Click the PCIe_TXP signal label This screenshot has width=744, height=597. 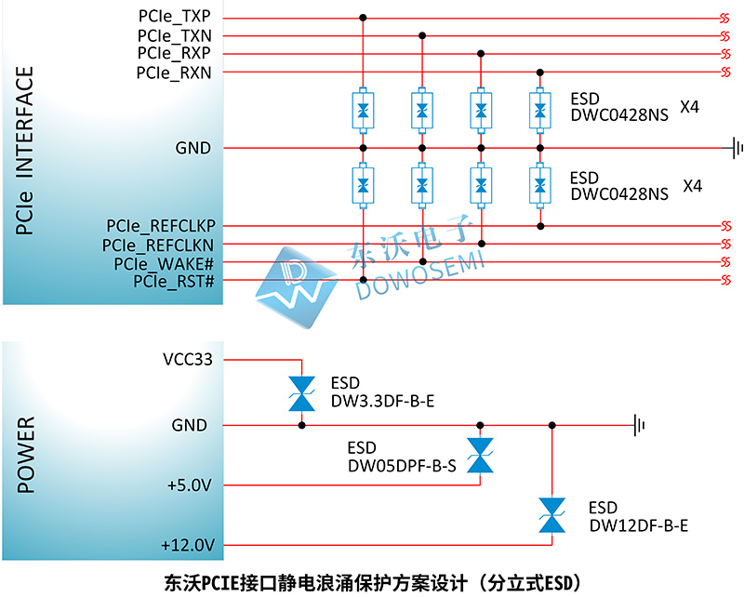[x=174, y=16]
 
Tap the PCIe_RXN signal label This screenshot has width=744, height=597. [x=174, y=73]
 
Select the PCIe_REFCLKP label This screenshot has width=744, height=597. [x=161, y=226]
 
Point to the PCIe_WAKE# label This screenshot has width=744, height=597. [x=164, y=263]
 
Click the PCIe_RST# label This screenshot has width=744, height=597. [x=174, y=282]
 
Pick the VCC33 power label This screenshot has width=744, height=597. [x=188, y=360]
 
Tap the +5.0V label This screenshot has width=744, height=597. [x=190, y=485]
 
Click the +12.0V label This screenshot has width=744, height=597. [x=188, y=545]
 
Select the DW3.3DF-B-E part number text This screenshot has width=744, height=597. [x=382, y=402]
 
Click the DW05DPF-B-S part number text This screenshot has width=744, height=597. [x=402, y=467]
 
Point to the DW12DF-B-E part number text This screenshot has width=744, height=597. [x=639, y=525]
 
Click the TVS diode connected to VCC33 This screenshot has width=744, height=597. [x=301, y=394]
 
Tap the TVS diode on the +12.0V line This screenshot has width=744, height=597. [x=551, y=515]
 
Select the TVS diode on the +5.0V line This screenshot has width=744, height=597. [x=480, y=455]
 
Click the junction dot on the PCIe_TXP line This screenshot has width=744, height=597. [x=363, y=18]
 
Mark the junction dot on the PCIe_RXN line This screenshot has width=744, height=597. [x=540, y=73]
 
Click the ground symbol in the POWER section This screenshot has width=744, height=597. [x=638, y=425]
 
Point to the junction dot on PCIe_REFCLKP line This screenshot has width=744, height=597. [x=540, y=226]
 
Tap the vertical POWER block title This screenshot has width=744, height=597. [x=26, y=455]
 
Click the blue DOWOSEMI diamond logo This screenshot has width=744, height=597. [x=297, y=287]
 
